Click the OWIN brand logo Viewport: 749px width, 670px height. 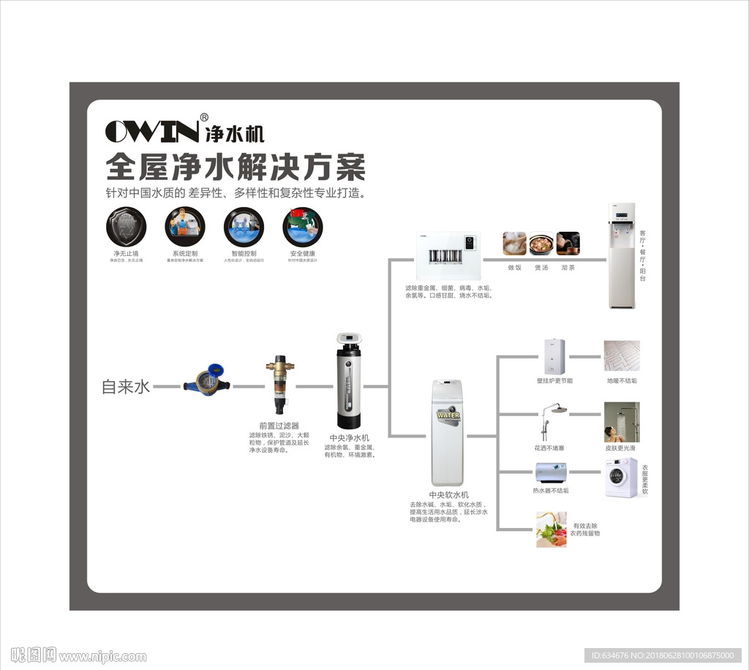152,132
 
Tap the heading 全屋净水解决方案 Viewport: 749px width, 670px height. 236,167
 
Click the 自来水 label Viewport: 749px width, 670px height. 126,387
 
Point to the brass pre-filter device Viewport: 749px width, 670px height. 279,385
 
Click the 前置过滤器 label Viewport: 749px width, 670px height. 279,425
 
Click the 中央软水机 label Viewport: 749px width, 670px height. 449,495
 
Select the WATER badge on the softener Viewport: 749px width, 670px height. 448,415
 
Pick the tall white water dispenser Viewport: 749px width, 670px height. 622,255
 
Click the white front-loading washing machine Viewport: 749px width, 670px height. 621,478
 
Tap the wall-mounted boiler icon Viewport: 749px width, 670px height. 554,356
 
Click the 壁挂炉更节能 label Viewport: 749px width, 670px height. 554,381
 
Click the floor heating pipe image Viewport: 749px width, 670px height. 622,357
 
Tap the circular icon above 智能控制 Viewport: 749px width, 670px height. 243,226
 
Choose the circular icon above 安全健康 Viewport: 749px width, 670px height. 302,226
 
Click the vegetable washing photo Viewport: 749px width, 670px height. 551,530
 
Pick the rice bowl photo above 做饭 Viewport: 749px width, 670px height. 514,244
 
